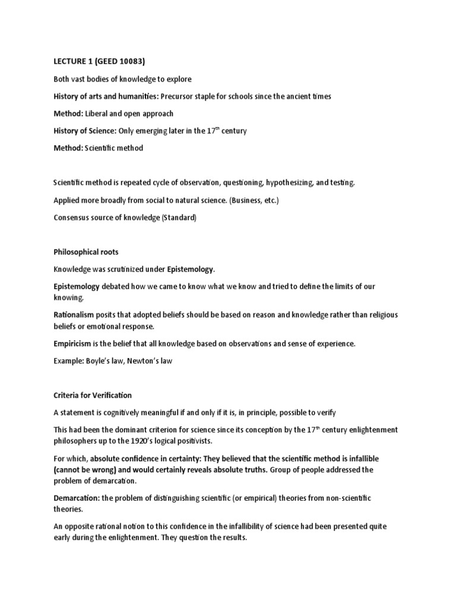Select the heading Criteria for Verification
(x=93, y=395)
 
